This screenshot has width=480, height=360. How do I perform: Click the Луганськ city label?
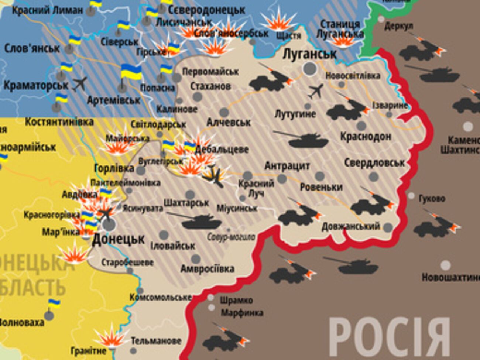tap(309, 54)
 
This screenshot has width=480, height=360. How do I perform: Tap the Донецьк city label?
tap(118, 239)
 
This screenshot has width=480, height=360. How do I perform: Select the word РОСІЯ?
tap(389, 337)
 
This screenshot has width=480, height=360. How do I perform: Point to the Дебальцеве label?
tap(222, 150)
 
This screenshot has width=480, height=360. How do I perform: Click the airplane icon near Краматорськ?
tap(80, 84)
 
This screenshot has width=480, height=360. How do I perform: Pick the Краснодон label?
tap(366, 136)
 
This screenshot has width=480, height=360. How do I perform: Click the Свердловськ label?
tap(374, 162)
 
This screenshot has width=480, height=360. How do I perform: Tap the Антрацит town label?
tap(287, 166)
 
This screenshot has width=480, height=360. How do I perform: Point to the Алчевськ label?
tap(229, 122)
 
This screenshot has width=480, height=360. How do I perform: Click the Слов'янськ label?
tap(32, 48)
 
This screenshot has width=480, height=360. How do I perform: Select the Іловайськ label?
tap(173, 246)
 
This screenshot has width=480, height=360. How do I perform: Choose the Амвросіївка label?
tap(207, 268)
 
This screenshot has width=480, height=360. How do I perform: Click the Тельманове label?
tap(156, 341)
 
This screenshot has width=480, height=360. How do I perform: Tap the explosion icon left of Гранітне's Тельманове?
tap(110, 338)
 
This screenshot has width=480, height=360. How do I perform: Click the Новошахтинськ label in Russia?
tap(450, 277)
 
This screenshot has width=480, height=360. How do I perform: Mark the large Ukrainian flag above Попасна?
tap(131, 72)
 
